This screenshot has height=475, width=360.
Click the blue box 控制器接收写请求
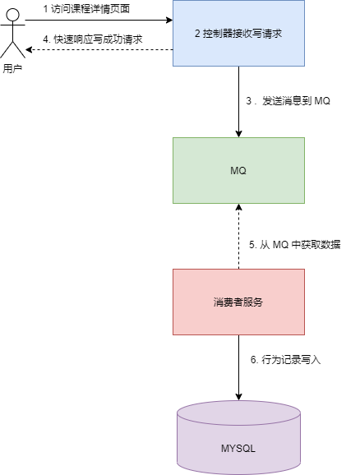click(x=238, y=33)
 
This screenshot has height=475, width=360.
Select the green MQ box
click(x=238, y=170)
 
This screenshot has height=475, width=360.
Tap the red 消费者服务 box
click(x=238, y=302)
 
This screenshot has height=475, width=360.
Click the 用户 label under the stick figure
click(x=12, y=69)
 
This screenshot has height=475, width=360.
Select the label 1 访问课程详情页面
click(x=86, y=8)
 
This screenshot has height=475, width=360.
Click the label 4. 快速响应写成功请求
click(x=93, y=39)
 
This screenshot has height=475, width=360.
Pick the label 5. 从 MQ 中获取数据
click(x=294, y=245)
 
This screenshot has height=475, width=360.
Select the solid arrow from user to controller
click(x=99, y=21)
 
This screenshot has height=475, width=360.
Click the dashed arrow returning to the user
click(x=99, y=50)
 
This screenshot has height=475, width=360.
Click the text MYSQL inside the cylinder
click(x=238, y=449)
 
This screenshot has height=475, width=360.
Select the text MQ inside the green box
click(x=238, y=170)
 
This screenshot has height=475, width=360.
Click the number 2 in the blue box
click(x=197, y=34)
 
